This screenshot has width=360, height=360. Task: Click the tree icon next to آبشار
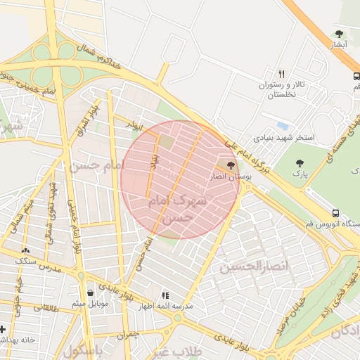[340, 34]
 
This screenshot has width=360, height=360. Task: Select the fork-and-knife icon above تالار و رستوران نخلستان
[281, 73]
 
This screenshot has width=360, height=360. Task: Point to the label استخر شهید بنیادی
[284, 138]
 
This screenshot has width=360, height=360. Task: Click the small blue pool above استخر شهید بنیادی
[283, 126]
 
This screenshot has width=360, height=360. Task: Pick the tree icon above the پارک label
[300, 163]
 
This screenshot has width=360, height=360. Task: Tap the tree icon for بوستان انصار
[231, 166]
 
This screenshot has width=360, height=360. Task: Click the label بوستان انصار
[232, 178]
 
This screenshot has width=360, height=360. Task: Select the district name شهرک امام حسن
[179, 210]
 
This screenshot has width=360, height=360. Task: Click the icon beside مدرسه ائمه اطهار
[165, 296]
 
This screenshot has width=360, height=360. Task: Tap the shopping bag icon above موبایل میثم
[89, 293]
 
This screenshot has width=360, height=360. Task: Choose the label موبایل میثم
[89, 304]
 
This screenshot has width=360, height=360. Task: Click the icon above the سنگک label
[26, 250]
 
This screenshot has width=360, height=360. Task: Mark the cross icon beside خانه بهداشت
[3, 328]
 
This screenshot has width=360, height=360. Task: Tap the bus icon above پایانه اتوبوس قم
[335, 212]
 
